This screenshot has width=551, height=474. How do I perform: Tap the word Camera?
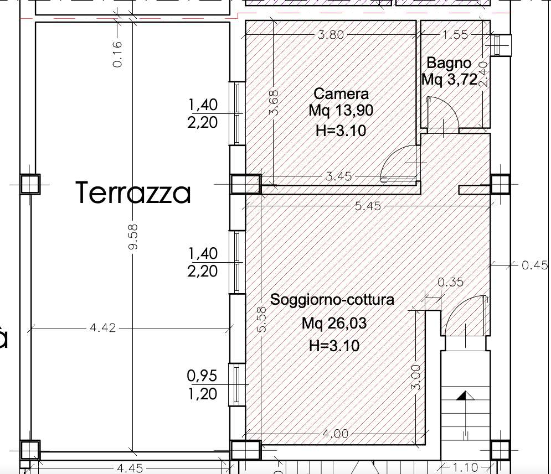tap(341, 93)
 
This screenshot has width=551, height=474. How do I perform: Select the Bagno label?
tap(449, 63)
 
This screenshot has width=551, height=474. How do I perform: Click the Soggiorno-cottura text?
tap(332, 300)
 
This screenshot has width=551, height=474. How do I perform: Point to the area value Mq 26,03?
tap(334, 323)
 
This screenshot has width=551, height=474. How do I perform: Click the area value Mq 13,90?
tap(341, 111)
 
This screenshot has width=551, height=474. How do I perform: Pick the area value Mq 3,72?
tap(450, 79)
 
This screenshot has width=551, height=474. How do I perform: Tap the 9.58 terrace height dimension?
tap(133, 237)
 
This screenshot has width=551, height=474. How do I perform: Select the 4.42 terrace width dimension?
tap(102, 327)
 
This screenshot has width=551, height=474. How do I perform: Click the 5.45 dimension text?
tap(368, 206)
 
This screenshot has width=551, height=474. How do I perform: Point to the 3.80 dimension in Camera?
tap(331, 35)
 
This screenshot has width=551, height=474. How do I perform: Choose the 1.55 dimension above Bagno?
tap(455, 35)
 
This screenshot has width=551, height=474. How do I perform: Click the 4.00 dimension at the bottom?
tap(335, 434)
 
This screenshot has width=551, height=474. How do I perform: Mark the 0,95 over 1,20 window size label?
tap(203, 385)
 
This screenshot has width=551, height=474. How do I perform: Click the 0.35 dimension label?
tap(451, 282)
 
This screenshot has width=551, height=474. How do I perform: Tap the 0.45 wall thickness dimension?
tap(534, 265)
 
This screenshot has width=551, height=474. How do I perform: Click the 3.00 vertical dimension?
tap(415, 377)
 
